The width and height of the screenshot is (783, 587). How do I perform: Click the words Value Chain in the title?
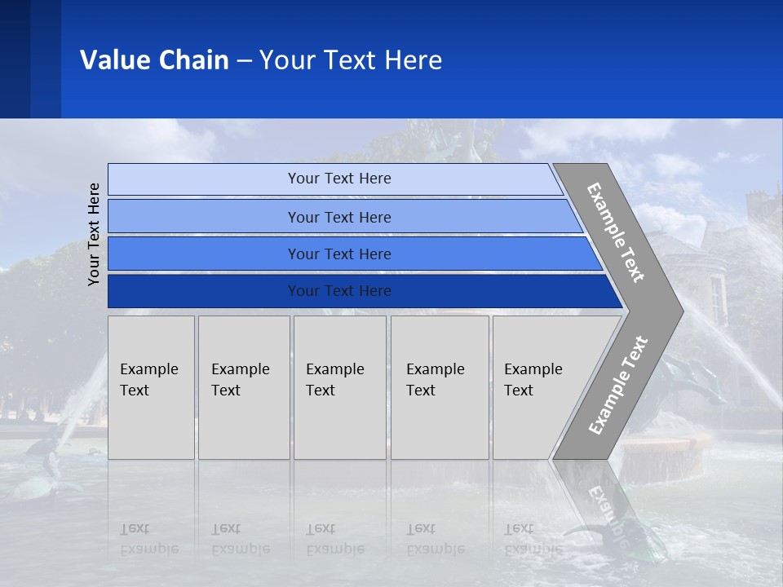click(x=154, y=60)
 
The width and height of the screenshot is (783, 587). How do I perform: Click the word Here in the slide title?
click(x=413, y=60)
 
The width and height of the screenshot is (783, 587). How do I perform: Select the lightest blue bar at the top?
click(x=338, y=179)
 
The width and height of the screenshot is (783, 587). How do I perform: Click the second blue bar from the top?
click(x=338, y=217)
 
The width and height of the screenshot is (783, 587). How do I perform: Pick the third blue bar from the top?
click(x=338, y=254)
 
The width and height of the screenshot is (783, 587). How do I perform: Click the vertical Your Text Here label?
click(x=94, y=234)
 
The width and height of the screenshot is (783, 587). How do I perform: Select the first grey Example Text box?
click(x=151, y=387)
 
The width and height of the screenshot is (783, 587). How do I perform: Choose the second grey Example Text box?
click(x=243, y=387)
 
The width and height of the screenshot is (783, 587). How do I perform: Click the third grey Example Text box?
click(x=338, y=387)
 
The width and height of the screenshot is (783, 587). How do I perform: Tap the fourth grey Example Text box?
click(x=439, y=387)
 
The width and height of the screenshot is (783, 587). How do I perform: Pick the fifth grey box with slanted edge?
click(x=538, y=387)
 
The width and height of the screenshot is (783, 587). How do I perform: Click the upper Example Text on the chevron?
click(x=616, y=232)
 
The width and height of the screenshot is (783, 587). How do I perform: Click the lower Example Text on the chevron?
click(x=618, y=385)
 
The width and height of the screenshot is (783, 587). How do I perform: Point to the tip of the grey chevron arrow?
click(x=681, y=310)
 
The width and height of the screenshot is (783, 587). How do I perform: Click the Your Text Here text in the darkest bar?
click(x=338, y=291)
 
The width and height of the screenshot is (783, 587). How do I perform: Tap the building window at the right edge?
click(x=716, y=298)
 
